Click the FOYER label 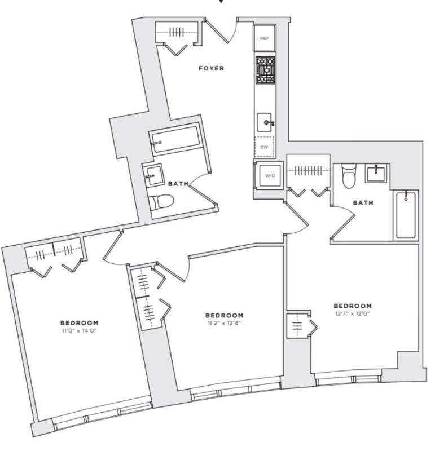point(211,68)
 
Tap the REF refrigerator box point(264,38)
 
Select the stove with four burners point(265,70)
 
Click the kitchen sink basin point(264,122)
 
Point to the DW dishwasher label point(264,147)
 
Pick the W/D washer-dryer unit point(270,175)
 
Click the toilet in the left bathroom point(161,201)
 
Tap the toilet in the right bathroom point(349,175)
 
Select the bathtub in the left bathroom point(175,139)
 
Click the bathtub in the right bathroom point(406,215)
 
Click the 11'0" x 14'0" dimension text point(79,330)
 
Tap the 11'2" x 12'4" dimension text point(225,322)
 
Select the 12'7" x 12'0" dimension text point(353,313)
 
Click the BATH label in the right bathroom point(363,203)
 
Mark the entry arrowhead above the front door point(221,1)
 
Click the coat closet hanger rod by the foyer point(176,32)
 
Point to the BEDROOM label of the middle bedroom point(225,315)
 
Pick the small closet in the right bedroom point(300,325)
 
